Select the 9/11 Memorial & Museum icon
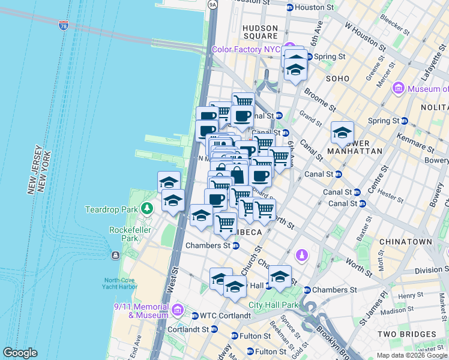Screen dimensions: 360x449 [x=177, y=310]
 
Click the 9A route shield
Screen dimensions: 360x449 [x=212, y=4]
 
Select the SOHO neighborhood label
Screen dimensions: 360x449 [x=337, y=79]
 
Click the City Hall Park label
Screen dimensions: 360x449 [x=278, y=305]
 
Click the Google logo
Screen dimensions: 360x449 [x=20, y=353]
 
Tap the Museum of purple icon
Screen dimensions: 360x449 [x=398, y=89]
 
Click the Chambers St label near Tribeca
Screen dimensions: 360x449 [x=208, y=245]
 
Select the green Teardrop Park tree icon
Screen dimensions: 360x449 [x=146, y=209]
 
